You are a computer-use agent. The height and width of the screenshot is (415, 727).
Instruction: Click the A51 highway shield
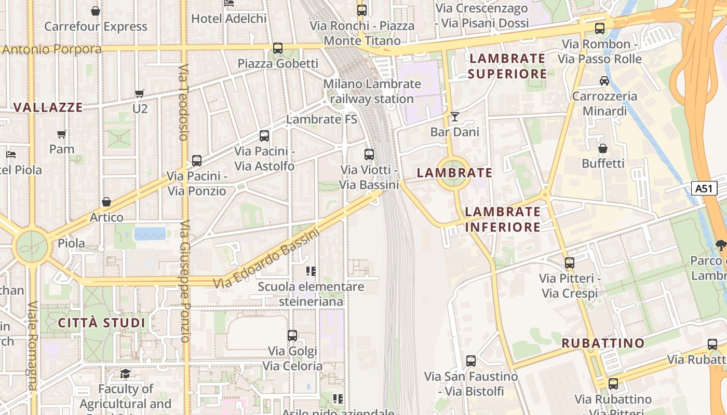point(704,188)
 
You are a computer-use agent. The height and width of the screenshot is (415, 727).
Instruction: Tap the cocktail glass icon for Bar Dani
point(455,117)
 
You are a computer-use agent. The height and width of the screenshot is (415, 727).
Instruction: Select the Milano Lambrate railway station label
point(372,91)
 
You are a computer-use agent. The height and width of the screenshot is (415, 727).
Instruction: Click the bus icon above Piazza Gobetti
point(278,48)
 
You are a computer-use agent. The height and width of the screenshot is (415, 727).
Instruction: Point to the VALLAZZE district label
point(48,107)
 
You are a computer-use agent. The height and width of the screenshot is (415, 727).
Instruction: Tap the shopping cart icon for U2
point(140,94)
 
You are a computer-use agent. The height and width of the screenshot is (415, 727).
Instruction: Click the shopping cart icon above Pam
point(62,134)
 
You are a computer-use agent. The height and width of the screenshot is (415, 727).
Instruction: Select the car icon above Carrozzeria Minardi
point(604,81)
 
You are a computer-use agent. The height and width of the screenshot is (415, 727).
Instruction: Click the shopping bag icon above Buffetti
point(603,149)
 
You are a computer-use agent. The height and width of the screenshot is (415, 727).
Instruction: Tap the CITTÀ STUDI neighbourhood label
point(101,323)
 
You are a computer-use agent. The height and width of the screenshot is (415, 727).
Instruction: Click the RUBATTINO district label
point(603,343)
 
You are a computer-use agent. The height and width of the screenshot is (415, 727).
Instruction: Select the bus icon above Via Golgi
point(292,336)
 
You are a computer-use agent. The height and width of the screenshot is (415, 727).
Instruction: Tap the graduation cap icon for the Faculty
point(126,374)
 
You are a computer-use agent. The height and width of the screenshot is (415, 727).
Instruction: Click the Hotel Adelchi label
point(229,19)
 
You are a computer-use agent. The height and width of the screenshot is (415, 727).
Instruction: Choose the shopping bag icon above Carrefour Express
point(96,11)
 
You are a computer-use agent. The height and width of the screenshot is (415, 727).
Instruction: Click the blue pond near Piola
point(150,233)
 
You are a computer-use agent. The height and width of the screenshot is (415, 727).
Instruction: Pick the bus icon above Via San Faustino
point(471,361)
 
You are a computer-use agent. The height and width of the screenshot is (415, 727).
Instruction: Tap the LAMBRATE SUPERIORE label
point(507,66)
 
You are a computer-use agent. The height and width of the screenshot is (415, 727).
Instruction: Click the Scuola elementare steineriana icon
point(311,271)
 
